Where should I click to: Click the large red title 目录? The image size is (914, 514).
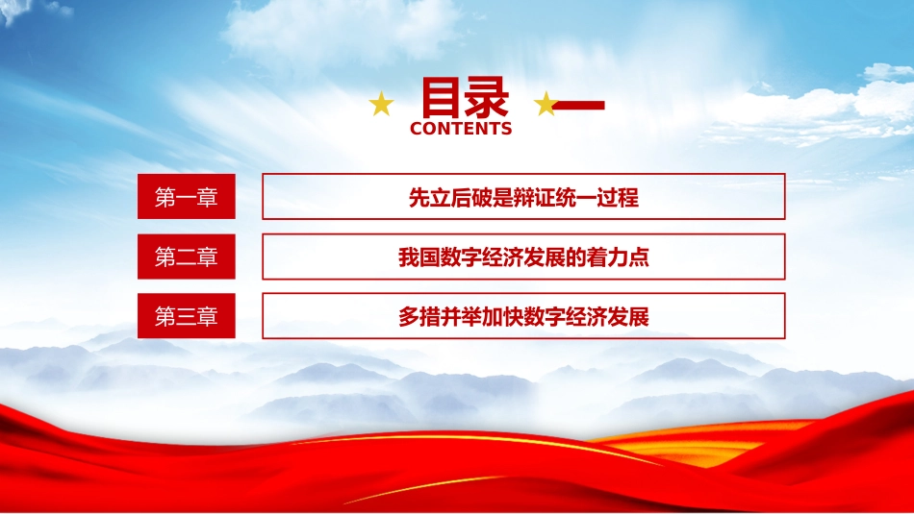465,98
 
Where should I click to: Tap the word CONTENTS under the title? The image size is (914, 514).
461,129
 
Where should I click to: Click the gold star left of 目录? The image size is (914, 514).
381,104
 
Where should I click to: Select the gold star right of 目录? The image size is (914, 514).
546,104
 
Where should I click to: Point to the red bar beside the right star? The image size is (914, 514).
579,106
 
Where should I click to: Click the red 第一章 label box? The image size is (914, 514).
187,197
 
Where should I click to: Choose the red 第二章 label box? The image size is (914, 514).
187,257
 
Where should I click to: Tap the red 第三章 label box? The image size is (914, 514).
187,316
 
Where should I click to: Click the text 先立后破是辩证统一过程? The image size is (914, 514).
523,198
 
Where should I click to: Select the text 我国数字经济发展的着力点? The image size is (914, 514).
523,257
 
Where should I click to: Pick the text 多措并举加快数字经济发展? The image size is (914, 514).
523,317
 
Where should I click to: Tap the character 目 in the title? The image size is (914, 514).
442,98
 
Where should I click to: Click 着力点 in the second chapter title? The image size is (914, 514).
618,257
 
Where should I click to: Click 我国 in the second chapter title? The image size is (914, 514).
419,257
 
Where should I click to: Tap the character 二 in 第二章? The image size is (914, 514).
187,257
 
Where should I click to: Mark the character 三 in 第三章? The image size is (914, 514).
187,317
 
